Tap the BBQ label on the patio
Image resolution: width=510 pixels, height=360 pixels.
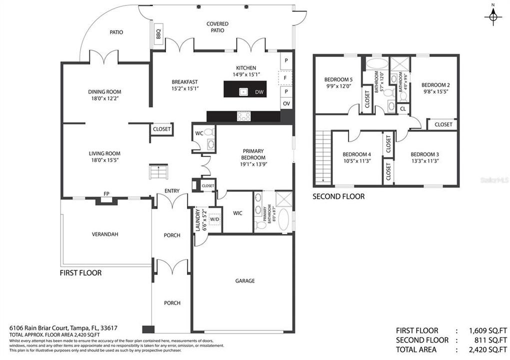pyautogui.click(x=158, y=33)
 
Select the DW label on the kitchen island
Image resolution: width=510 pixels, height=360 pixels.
pyautogui.click(x=259, y=92)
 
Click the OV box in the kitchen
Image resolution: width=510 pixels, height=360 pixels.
pyautogui.click(x=286, y=103)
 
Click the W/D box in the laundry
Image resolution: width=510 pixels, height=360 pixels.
pyautogui.click(x=214, y=219)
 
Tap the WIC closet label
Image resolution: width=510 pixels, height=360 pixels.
pyautogui.click(x=237, y=213)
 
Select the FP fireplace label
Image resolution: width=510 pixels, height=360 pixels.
pyautogui.click(x=106, y=193)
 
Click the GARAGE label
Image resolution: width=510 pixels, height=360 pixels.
pyautogui.click(x=245, y=281)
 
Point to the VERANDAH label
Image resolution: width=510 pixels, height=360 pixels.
pyautogui.click(x=104, y=234)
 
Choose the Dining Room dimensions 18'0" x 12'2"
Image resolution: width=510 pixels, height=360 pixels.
pyautogui.click(x=104, y=98)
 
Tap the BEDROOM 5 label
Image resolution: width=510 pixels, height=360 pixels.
pyautogui.click(x=338, y=79)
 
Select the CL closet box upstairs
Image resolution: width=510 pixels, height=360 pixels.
pyautogui.click(x=403, y=108)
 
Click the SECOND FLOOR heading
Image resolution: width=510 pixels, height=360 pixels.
pyautogui.click(x=338, y=196)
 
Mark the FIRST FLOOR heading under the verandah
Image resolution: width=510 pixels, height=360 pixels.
pyautogui.click(x=80, y=273)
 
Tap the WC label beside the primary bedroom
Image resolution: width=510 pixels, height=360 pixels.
pyautogui.click(x=199, y=133)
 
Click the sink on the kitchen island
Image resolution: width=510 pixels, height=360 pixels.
pyautogui.click(x=243, y=91)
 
